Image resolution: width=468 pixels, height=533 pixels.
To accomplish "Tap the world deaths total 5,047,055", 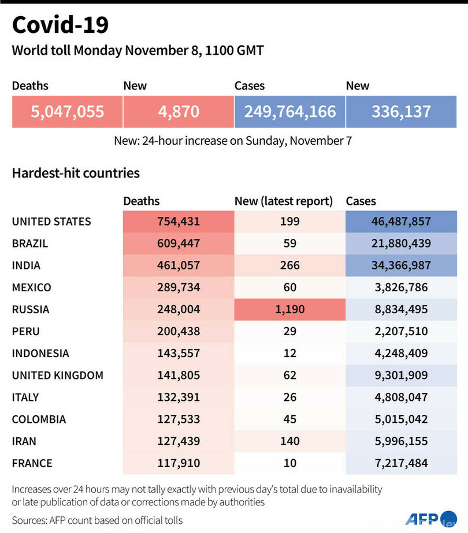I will pos(68,111).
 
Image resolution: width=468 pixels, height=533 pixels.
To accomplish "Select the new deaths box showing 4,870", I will pos(179,111).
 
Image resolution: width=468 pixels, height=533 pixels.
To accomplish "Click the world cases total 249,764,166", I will pos(290,111).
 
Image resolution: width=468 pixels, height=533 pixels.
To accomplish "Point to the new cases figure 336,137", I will pos(401,111).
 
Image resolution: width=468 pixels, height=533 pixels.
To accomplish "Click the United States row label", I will pos(51,222).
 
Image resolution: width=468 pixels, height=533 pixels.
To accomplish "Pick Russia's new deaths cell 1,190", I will pos(289,309).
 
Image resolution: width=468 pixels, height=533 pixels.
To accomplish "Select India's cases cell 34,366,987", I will pos(400,265).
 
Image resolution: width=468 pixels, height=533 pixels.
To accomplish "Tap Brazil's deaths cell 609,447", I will pos(178,243).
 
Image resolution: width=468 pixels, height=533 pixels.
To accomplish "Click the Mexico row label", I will pos(32,287).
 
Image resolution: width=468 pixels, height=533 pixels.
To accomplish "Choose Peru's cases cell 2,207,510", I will pos(400,331).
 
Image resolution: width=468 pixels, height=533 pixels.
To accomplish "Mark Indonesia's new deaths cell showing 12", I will pos(289,353).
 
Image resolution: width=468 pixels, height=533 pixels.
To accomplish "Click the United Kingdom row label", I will pos(58,375).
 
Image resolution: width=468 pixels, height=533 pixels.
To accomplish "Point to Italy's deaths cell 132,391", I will pos(178,397).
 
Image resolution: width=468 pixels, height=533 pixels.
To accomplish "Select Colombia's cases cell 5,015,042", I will pos(400,419).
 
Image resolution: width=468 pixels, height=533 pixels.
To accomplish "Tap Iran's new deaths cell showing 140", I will pos(289,441).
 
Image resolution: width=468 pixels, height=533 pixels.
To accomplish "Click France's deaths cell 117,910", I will pos(178,463).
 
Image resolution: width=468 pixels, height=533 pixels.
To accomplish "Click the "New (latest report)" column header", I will pos(284,201).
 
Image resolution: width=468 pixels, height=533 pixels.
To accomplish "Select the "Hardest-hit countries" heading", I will pos(76,172).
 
